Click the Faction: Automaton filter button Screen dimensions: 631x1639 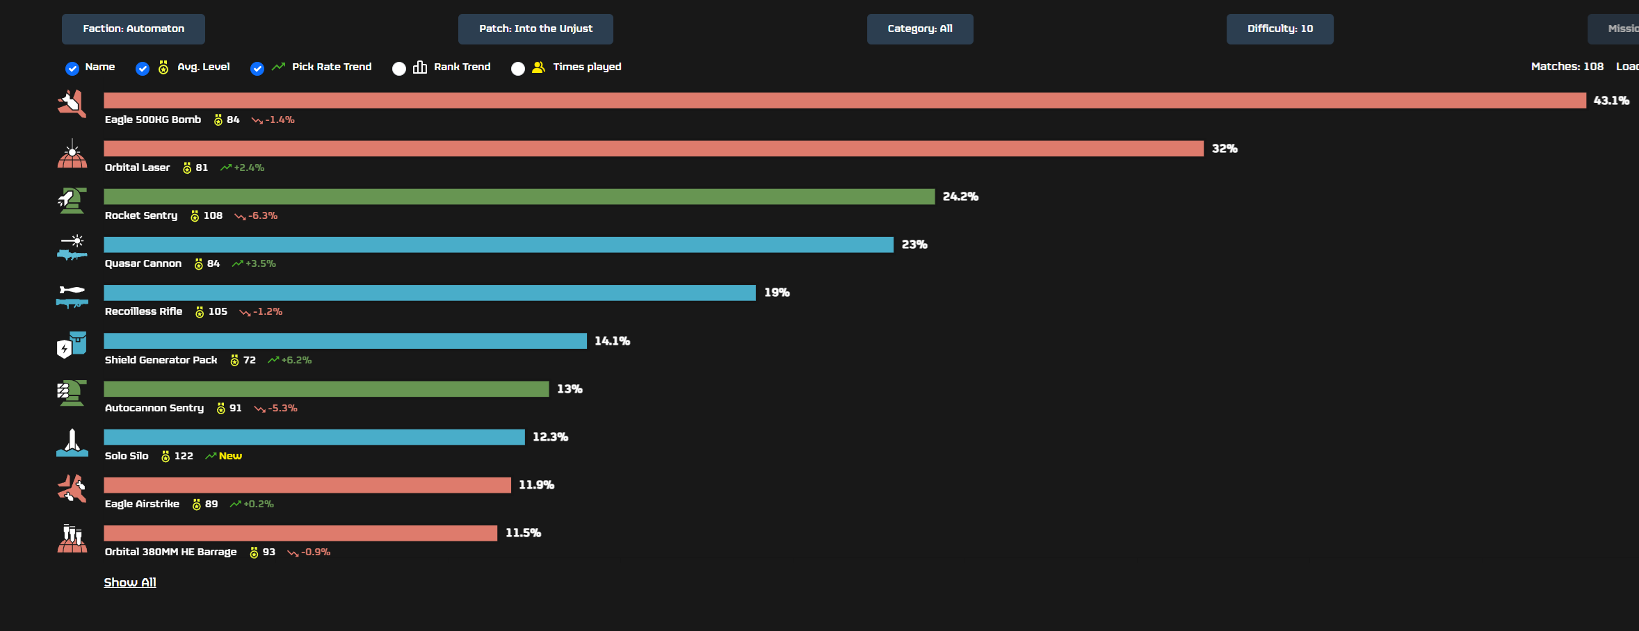(133, 29)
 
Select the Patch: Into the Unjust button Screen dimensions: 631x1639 (535, 29)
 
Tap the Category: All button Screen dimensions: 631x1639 (919, 29)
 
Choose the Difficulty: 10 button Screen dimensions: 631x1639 (1279, 29)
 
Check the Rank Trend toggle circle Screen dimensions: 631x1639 (399, 68)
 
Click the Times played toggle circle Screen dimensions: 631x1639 (518, 68)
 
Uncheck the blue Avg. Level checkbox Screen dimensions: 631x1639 (143, 68)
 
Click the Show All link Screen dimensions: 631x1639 (130, 582)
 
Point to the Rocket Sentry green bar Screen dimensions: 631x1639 (519, 197)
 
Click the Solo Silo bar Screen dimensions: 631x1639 (314, 437)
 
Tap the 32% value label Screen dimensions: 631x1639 (1224, 149)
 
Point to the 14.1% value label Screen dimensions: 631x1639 (612, 341)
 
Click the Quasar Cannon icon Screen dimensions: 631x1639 (72, 247)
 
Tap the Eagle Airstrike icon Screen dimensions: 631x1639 (72, 488)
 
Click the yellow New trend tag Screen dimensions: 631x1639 (230, 456)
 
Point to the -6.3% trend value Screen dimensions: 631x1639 (263, 216)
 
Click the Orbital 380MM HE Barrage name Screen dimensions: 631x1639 (170, 552)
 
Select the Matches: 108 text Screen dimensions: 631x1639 (1567, 67)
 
